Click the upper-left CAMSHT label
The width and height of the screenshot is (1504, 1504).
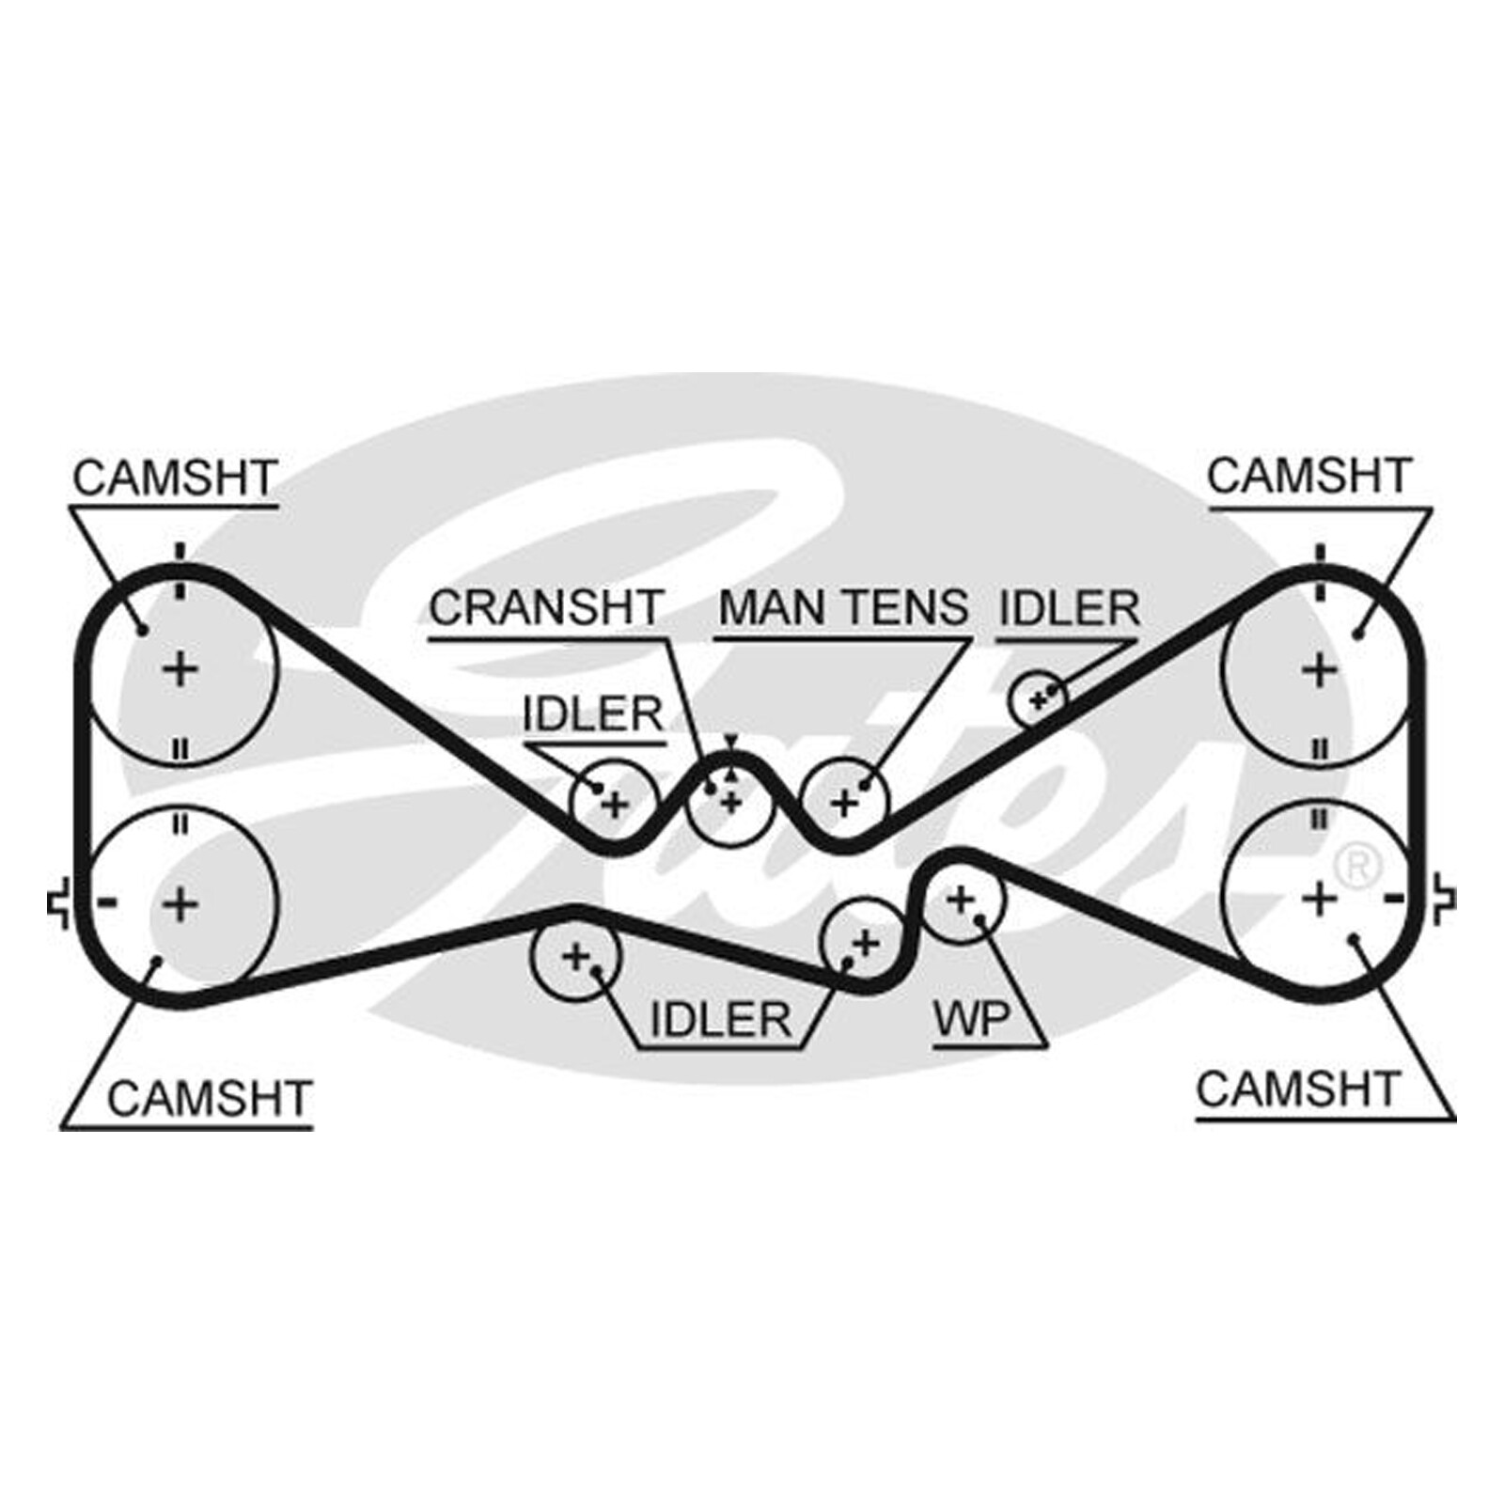tap(175, 478)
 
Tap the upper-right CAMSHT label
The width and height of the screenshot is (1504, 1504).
tap(1309, 476)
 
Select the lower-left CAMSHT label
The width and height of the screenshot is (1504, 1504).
tap(210, 1098)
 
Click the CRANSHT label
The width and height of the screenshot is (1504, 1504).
tap(547, 607)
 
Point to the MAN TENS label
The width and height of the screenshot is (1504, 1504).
tap(843, 607)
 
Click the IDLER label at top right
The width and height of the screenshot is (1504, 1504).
tap(1069, 608)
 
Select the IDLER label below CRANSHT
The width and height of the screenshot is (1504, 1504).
tap(593, 714)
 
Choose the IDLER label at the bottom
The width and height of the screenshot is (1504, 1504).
tap(721, 1019)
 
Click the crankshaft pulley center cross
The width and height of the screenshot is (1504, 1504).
tap(730, 802)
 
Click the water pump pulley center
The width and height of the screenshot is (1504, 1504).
tap(960, 900)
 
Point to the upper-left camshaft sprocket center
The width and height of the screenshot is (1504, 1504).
tap(180, 670)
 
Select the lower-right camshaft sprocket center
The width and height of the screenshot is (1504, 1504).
tap(1320, 900)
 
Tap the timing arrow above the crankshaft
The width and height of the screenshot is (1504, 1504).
tap(730, 743)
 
